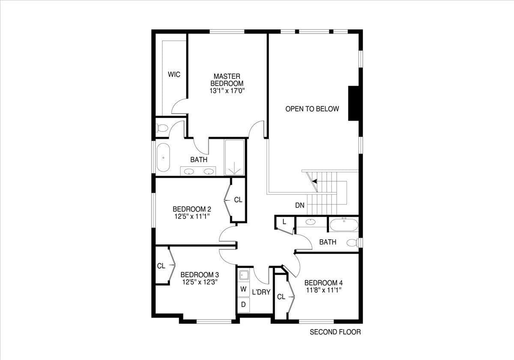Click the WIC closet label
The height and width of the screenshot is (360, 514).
pos(174,75)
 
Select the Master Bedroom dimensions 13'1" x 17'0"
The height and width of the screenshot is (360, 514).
pos(227,91)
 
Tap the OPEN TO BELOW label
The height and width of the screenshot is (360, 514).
pos(312,109)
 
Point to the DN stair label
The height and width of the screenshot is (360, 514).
pos(300,206)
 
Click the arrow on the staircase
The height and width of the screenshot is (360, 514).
pos(314,181)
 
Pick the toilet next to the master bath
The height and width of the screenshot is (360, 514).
pos(162,128)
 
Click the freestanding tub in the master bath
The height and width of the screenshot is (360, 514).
pos(163,157)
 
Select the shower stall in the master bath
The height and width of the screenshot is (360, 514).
pos(234,157)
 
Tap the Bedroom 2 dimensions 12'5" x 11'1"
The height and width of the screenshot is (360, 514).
pos(191,217)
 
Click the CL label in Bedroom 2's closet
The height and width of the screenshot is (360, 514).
pos(238,200)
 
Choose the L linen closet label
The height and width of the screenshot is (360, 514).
pos(284,222)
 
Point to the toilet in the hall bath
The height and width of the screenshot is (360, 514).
pos(353,243)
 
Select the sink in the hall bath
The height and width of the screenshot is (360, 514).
pos(311,222)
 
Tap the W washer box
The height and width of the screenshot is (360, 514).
pos(243,289)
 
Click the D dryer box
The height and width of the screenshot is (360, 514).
pos(243,305)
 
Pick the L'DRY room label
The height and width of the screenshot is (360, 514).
pos(261,293)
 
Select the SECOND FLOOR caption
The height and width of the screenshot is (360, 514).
pos(335,332)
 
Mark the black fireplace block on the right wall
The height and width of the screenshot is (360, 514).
pos(353,103)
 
